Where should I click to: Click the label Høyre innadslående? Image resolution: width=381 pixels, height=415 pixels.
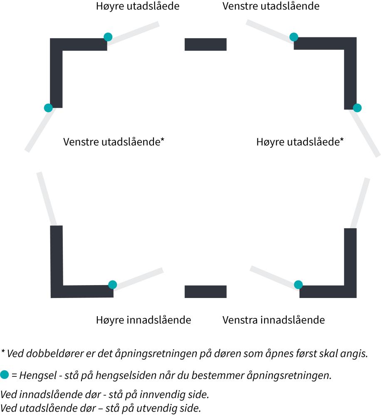143,320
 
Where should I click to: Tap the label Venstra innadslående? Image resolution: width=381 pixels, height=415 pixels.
274,320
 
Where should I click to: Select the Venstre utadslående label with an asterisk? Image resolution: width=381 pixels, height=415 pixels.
114,142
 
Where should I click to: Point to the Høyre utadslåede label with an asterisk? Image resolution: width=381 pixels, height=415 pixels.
300,142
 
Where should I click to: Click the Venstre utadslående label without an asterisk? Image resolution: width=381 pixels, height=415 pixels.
271,6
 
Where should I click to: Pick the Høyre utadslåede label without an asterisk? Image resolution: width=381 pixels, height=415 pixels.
138,6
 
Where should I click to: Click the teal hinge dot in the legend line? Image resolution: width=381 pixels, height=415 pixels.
5,374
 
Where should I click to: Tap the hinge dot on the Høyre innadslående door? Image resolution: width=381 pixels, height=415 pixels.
112,285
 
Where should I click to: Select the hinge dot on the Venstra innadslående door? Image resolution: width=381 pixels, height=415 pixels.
299,285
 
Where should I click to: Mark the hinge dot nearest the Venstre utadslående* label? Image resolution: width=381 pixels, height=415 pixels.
48,108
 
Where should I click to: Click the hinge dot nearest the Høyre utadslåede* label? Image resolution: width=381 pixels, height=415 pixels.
357,108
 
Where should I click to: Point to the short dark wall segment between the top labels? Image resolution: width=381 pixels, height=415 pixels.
205,44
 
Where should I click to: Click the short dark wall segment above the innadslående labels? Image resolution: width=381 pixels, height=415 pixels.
205,292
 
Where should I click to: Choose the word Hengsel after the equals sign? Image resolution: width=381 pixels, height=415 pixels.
38,375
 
